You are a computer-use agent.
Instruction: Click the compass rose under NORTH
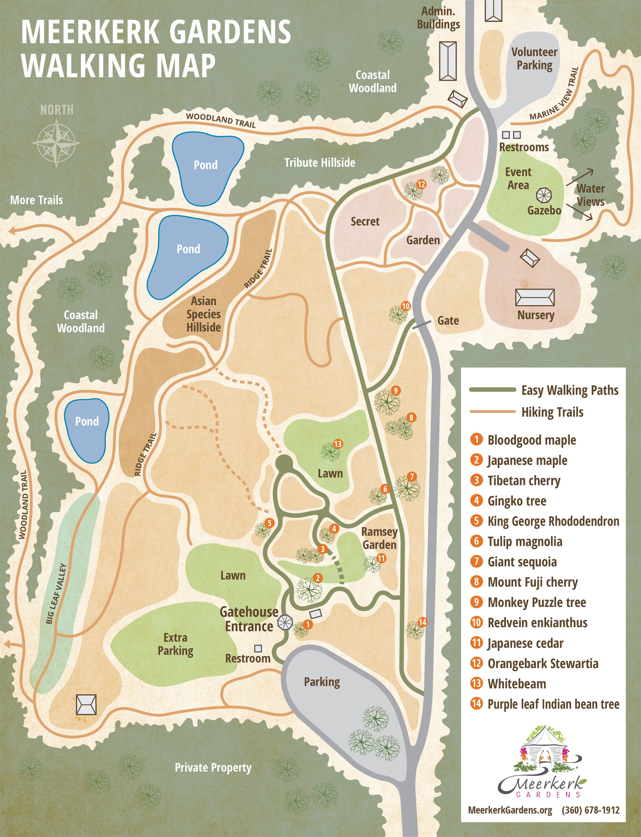click(x=56, y=143)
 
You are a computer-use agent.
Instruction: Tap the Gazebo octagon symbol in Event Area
click(x=544, y=195)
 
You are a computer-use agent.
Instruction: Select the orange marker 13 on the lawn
click(x=338, y=444)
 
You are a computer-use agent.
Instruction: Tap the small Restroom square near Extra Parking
click(x=258, y=648)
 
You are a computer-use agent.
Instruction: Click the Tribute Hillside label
click(x=320, y=163)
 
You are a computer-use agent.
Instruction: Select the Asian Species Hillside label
click(x=203, y=314)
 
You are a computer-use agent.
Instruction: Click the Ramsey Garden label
click(x=379, y=538)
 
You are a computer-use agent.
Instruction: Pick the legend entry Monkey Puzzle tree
click(x=537, y=602)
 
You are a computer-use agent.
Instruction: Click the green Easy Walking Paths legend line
click(x=492, y=390)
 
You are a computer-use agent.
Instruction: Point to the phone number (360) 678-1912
click(x=590, y=810)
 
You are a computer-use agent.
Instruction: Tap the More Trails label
click(x=37, y=200)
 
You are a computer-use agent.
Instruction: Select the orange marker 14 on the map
click(x=422, y=622)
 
